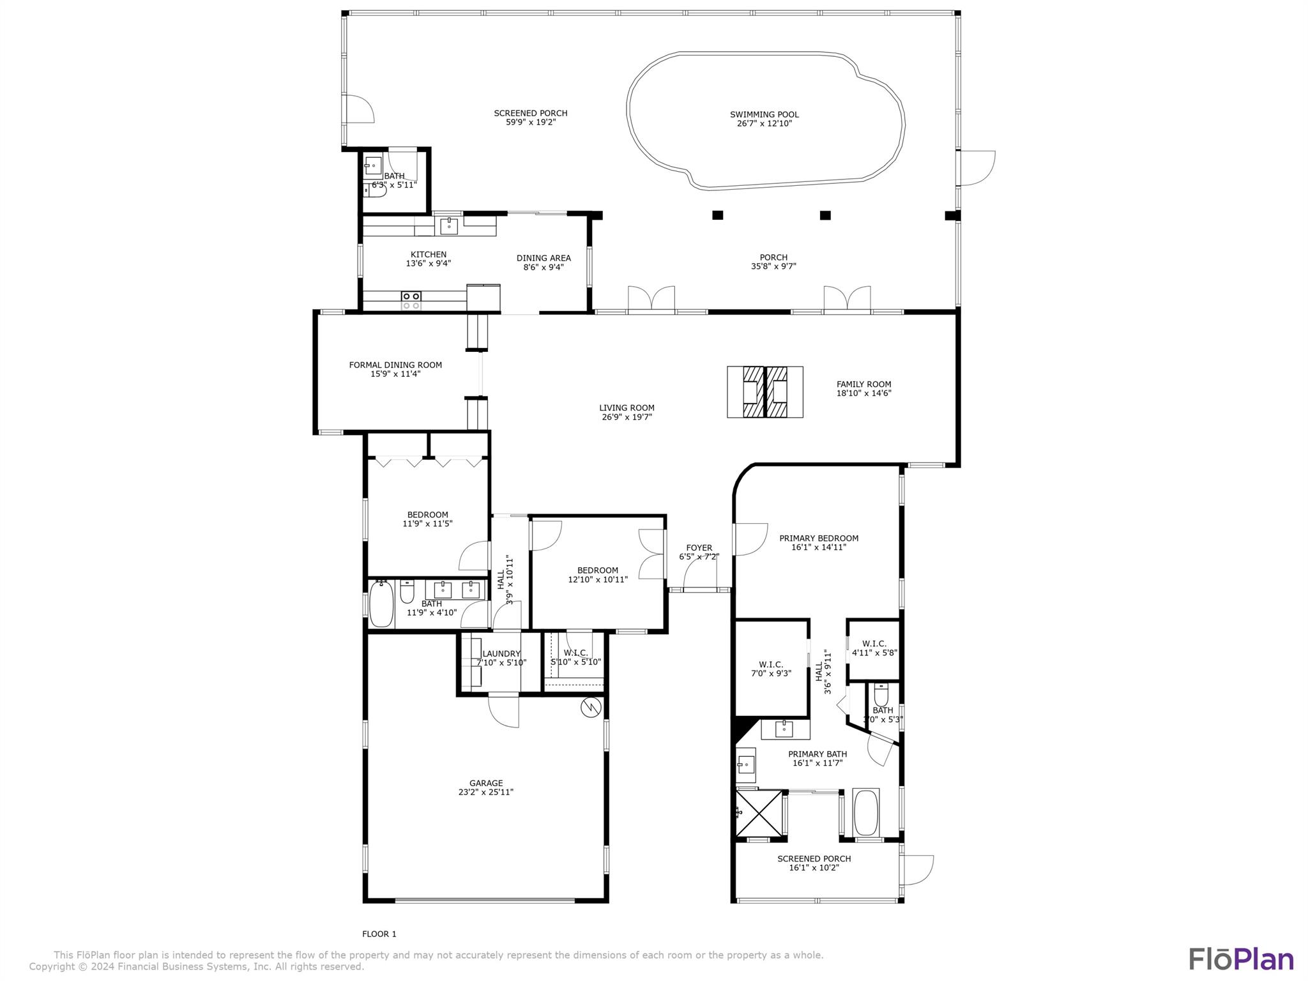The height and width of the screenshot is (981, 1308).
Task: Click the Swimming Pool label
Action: pos(764,115)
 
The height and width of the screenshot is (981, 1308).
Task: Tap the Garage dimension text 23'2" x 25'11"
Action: pos(485,792)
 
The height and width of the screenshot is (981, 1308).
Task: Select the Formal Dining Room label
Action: pos(395,365)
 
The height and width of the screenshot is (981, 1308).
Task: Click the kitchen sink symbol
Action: pos(449,225)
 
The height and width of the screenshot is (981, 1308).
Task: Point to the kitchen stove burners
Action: pos(411,300)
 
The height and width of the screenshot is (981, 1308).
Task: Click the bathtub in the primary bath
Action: pos(865,812)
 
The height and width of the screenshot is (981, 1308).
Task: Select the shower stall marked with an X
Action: pos(759,812)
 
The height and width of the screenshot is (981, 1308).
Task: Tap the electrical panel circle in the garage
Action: pos(591,707)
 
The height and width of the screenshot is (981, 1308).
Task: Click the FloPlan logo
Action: pos(1240,959)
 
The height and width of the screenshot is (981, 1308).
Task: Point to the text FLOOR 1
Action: pos(379,934)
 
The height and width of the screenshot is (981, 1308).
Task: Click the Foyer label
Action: pos(699,548)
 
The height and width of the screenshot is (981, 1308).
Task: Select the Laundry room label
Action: pos(501,653)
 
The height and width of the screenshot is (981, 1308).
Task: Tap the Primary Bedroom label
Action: pos(818,538)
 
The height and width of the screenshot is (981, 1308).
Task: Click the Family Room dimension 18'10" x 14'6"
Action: pos(863,393)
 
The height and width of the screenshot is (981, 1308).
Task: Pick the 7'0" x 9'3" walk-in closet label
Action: pos(771,673)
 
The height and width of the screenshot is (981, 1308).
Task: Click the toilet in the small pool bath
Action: pos(378,190)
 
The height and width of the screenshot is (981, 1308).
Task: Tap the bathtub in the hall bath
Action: pos(381,604)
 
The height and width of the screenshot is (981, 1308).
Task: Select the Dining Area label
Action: pos(544,259)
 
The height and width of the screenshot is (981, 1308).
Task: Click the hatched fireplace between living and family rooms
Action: pos(764,392)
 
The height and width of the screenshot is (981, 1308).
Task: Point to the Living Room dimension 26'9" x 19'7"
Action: pos(627,417)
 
